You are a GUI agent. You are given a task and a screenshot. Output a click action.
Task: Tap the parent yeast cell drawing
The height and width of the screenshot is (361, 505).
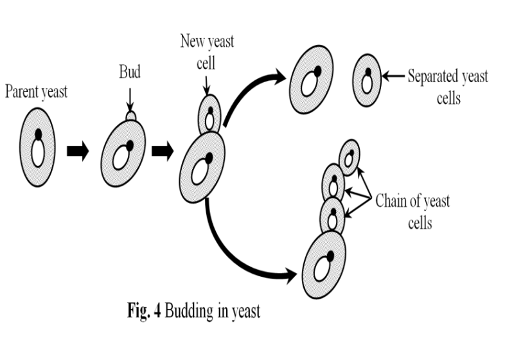coord(37,146)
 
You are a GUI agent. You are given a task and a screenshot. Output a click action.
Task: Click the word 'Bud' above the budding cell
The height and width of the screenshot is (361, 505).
coord(129,71)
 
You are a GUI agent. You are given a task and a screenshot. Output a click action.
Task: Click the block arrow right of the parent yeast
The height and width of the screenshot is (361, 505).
coord(78,154)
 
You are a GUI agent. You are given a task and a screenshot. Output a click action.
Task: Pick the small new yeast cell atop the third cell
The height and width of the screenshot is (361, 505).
coord(209,115)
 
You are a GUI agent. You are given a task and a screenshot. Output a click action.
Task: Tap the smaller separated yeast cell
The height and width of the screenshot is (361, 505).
coord(367,79)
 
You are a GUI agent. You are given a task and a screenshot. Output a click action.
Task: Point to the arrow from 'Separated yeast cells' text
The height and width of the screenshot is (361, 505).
coord(393,76)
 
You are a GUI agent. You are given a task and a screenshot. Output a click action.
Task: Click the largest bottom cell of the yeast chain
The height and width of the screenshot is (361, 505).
coord(324,260)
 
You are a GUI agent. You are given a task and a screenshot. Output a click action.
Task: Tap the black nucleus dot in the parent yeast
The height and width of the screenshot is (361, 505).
coord(38,134)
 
